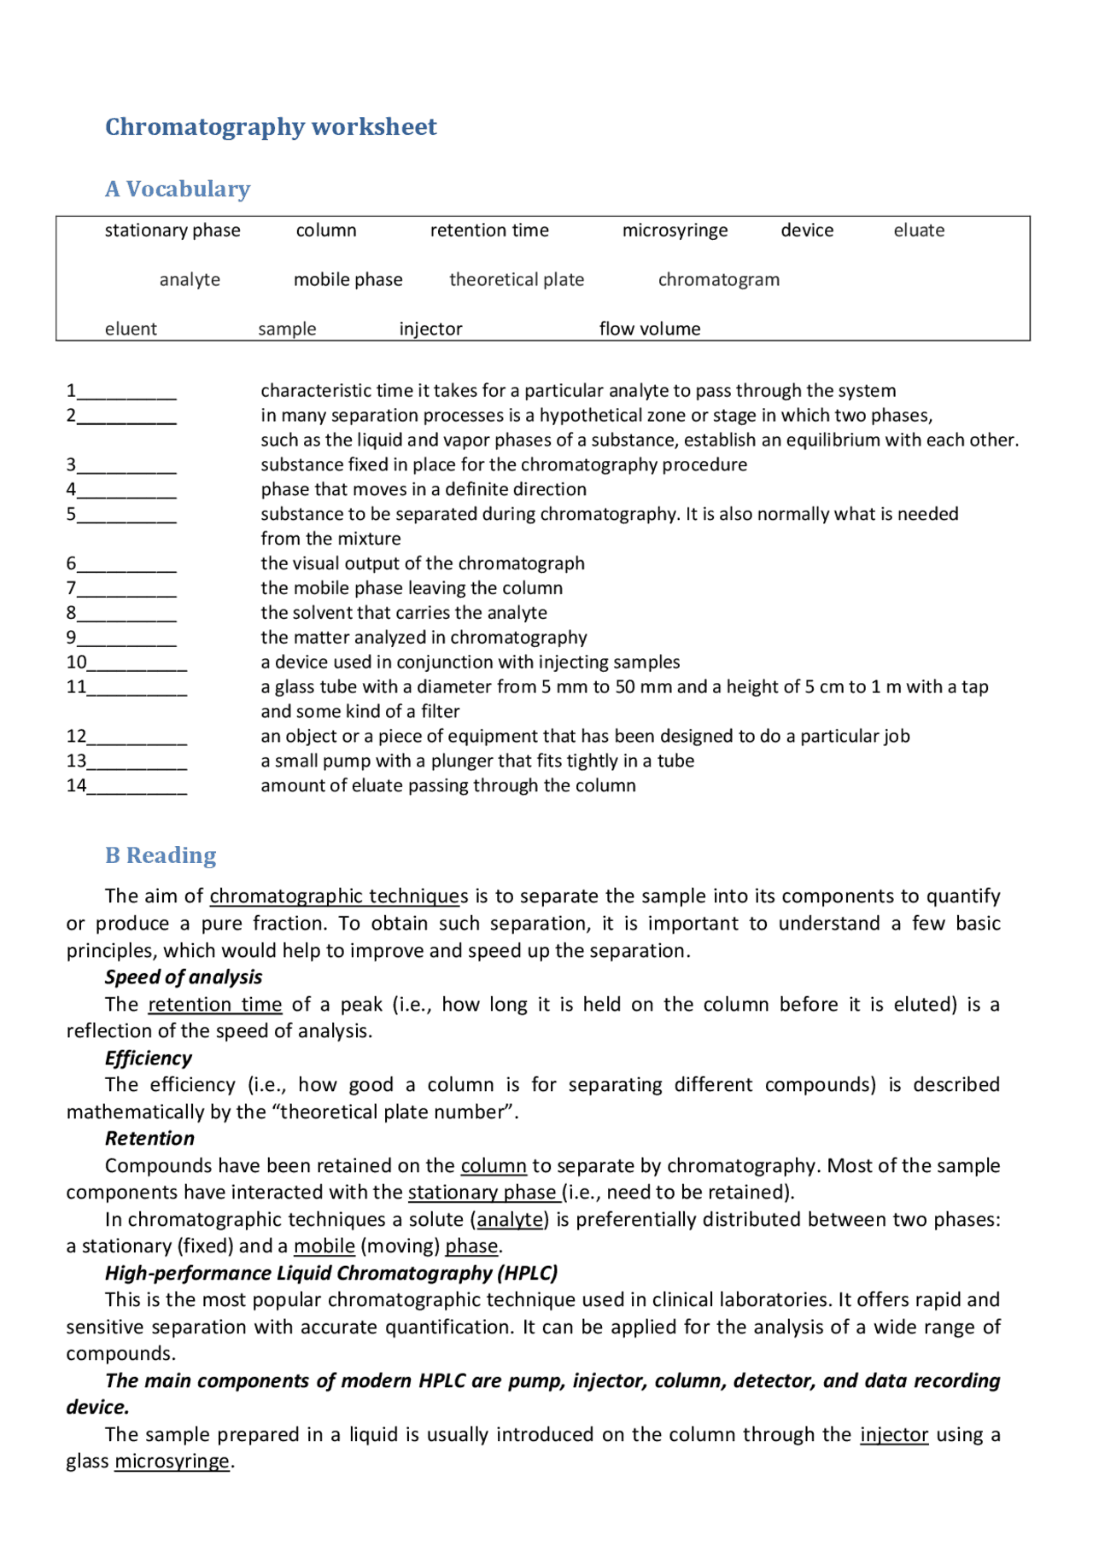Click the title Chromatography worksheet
coord(271,126)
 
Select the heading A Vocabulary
coord(178,189)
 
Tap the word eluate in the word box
coord(919,230)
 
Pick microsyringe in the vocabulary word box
coord(675,230)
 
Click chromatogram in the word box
coord(718,280)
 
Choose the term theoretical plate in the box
coord(517,280)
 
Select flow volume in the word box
coord(649,329)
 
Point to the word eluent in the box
coord(131,329)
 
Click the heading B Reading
coord(161,855)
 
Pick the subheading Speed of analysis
coord(184,977)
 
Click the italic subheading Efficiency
coord(149,1058)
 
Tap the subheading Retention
coord(149,1138)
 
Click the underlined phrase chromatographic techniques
coord(338,896)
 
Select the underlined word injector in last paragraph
coord(893,1434)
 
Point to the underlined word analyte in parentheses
coord(511,1219)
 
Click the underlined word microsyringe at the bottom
coord(172,1461)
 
